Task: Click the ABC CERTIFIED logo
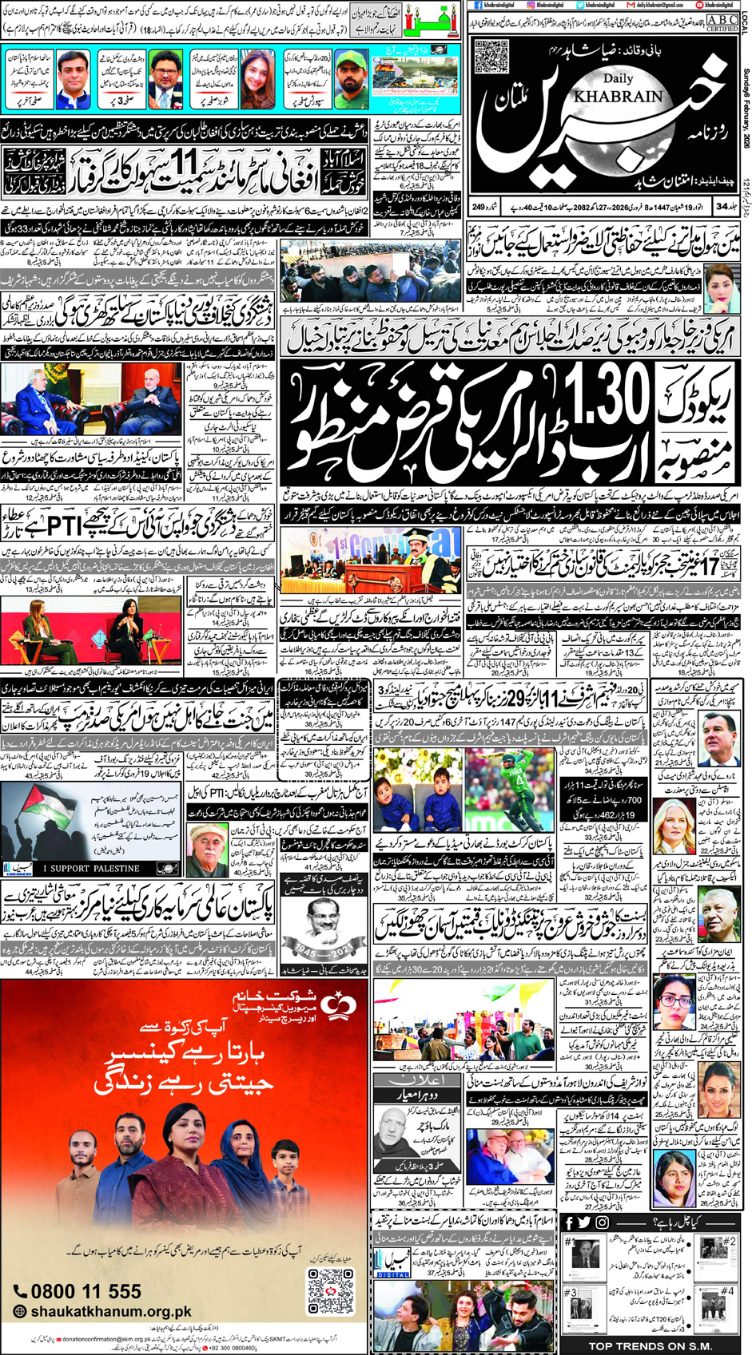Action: point(722,22)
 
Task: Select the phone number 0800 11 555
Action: point(78,1291)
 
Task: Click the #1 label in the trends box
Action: point(570,1242)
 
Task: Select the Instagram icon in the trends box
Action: point(602,1223)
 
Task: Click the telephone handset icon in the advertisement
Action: point(21,1291)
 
